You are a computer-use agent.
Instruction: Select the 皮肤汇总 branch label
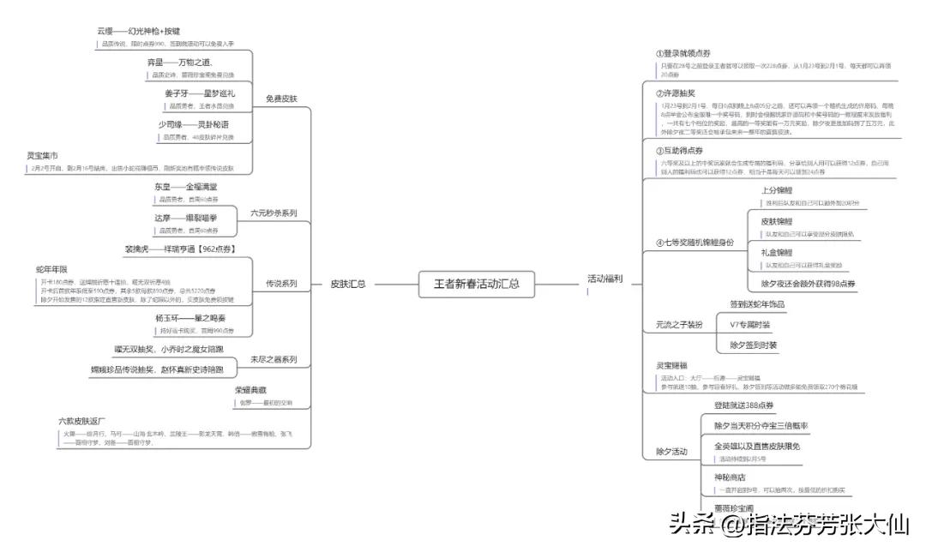(x=349, y=284)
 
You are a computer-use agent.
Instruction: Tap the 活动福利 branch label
(x=604, y=279)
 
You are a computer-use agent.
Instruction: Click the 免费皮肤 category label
(x=281, y=99)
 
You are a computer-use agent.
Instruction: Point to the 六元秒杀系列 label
(x=274, y=213)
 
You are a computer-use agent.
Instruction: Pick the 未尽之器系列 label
(x=274, y=359)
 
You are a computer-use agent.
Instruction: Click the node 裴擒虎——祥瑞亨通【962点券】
(x=180, y=249)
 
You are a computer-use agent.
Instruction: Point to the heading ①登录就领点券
(x=683, y=54)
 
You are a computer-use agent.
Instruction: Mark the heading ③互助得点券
(x=680, y=151)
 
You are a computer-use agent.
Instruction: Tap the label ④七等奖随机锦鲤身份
(x=695, y=243)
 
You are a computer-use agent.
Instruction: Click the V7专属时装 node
(x=749, y=325)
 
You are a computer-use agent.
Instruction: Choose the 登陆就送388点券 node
(x=744, y=405)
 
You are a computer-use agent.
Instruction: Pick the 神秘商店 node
(x=730, y=477)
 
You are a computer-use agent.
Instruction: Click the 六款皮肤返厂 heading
(x=81, y=421)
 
